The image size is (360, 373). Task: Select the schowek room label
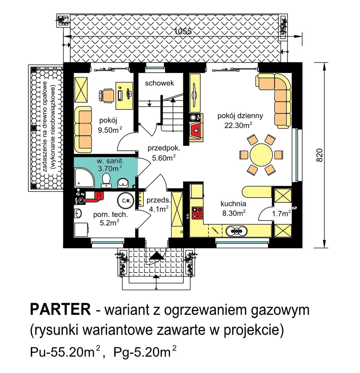pyautogui.click(x=159, y=83)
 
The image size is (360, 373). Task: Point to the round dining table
pyautogui.click(x=261, y=155)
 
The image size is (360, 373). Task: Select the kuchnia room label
pyautogui.click(x=233, y=204)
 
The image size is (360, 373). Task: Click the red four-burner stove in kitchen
pyautogui.click(x=197, y=213)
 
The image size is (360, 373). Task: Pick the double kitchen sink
pyautogui.click(x=237, y=231)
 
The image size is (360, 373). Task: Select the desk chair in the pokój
pyautogui.click(x=106, y=95)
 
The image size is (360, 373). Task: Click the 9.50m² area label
pyautogui.click(x=110, y=130)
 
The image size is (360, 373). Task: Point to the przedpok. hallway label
pyautogui.click(x=163, y=148)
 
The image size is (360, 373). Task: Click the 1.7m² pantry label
pyautogui.click(x=281, y=213)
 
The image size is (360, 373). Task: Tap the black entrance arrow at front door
pyautogui.click(x=156, y=256)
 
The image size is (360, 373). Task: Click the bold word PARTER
pyautogui.click(x=60, y=309)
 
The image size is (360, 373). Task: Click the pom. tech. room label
pyautogui.click(x=110, y=214)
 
